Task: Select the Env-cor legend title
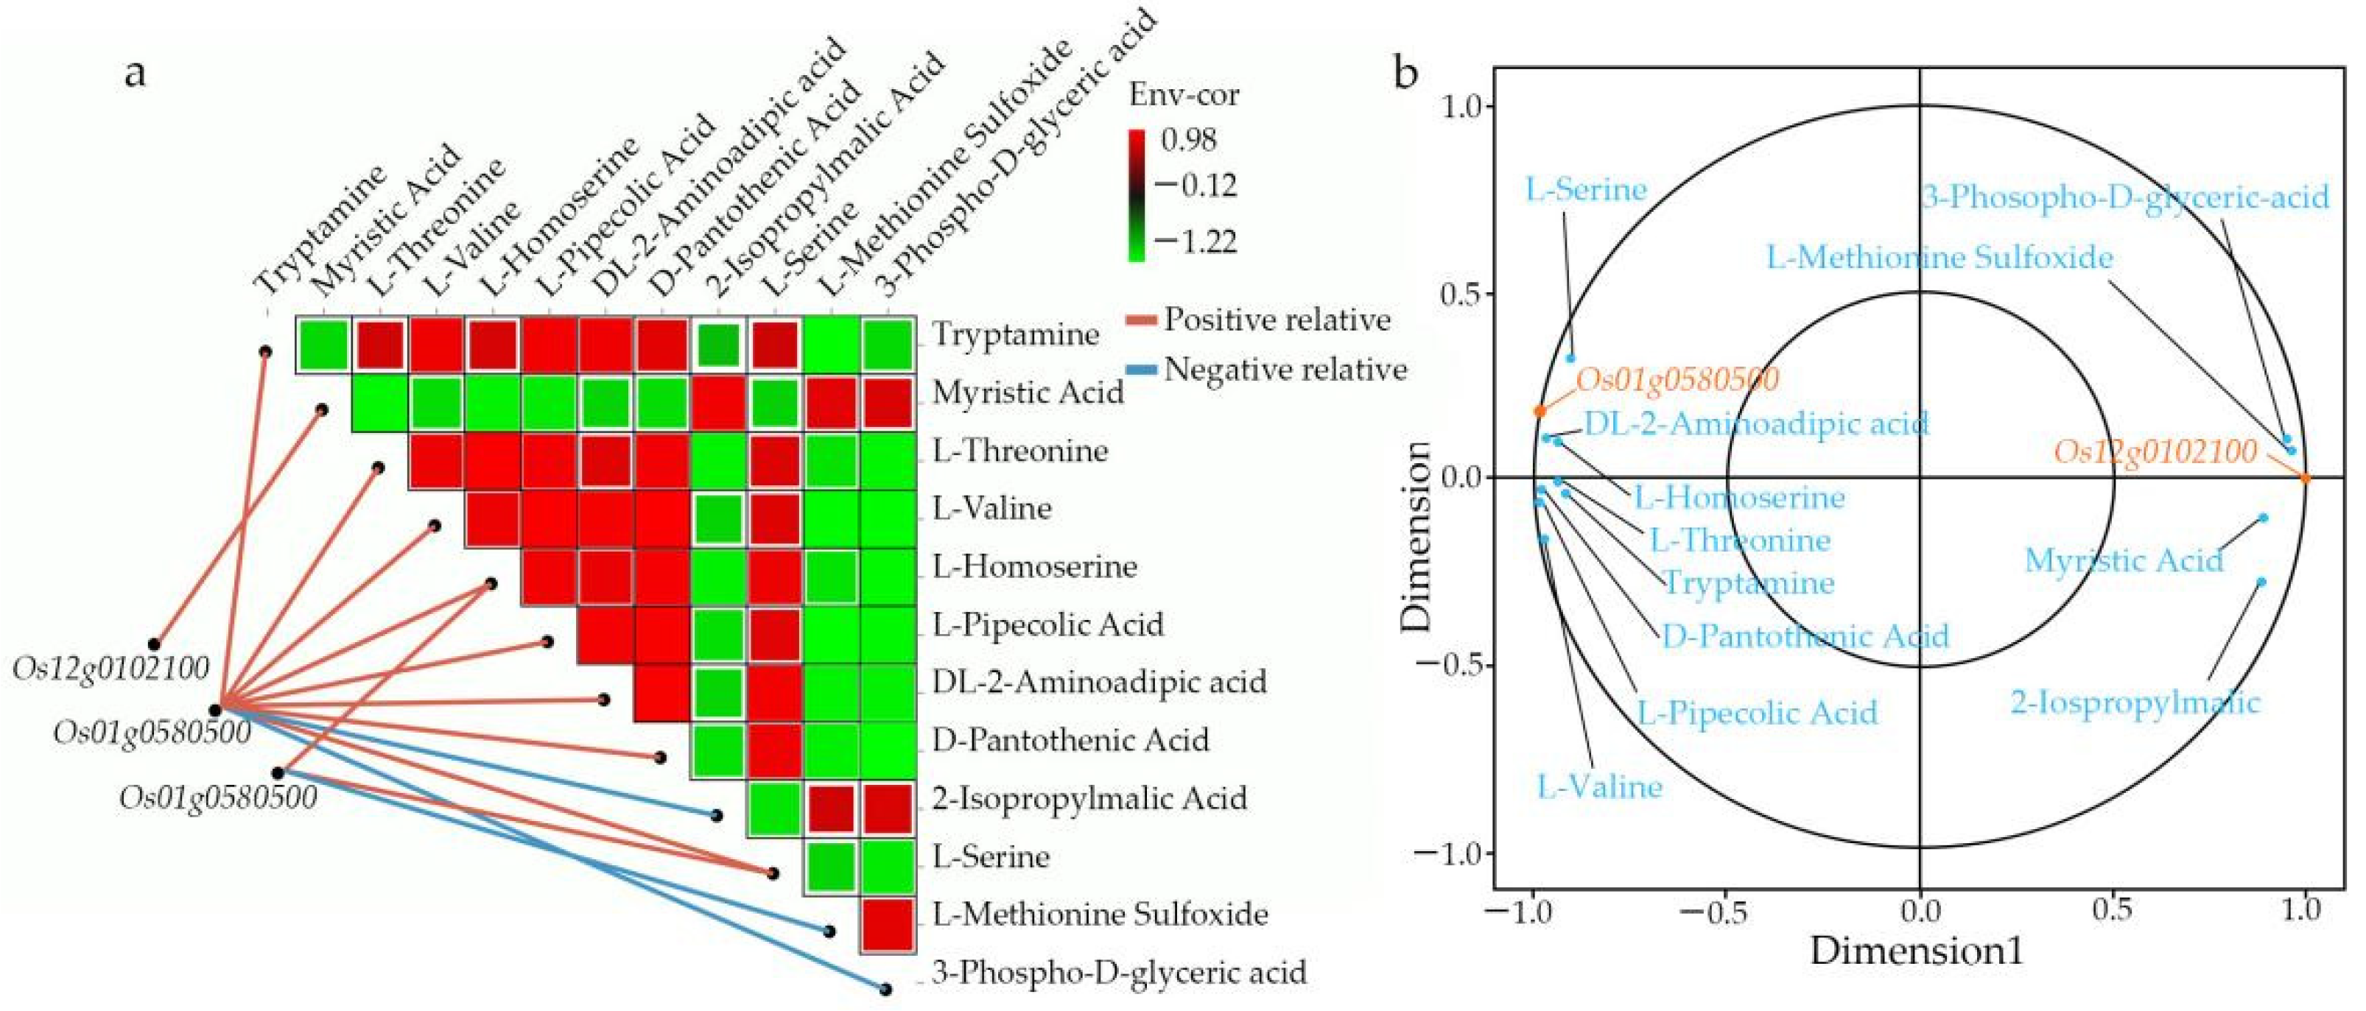tap(1183, 94)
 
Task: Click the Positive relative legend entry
tap(1277, 320)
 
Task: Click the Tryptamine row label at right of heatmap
tap(1016, 334)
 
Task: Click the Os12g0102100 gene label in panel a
tap(111, 669)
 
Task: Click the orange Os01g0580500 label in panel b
tap(1678, 379)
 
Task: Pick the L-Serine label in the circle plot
tap(1586, 190)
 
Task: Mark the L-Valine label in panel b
tap(1600, 787)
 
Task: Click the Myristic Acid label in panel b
tap(2124, 560)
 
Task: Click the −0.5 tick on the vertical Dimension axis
tap(1451, 666)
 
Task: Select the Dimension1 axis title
tap(1917, 951)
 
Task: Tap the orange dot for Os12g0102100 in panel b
tap(2303, 476)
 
